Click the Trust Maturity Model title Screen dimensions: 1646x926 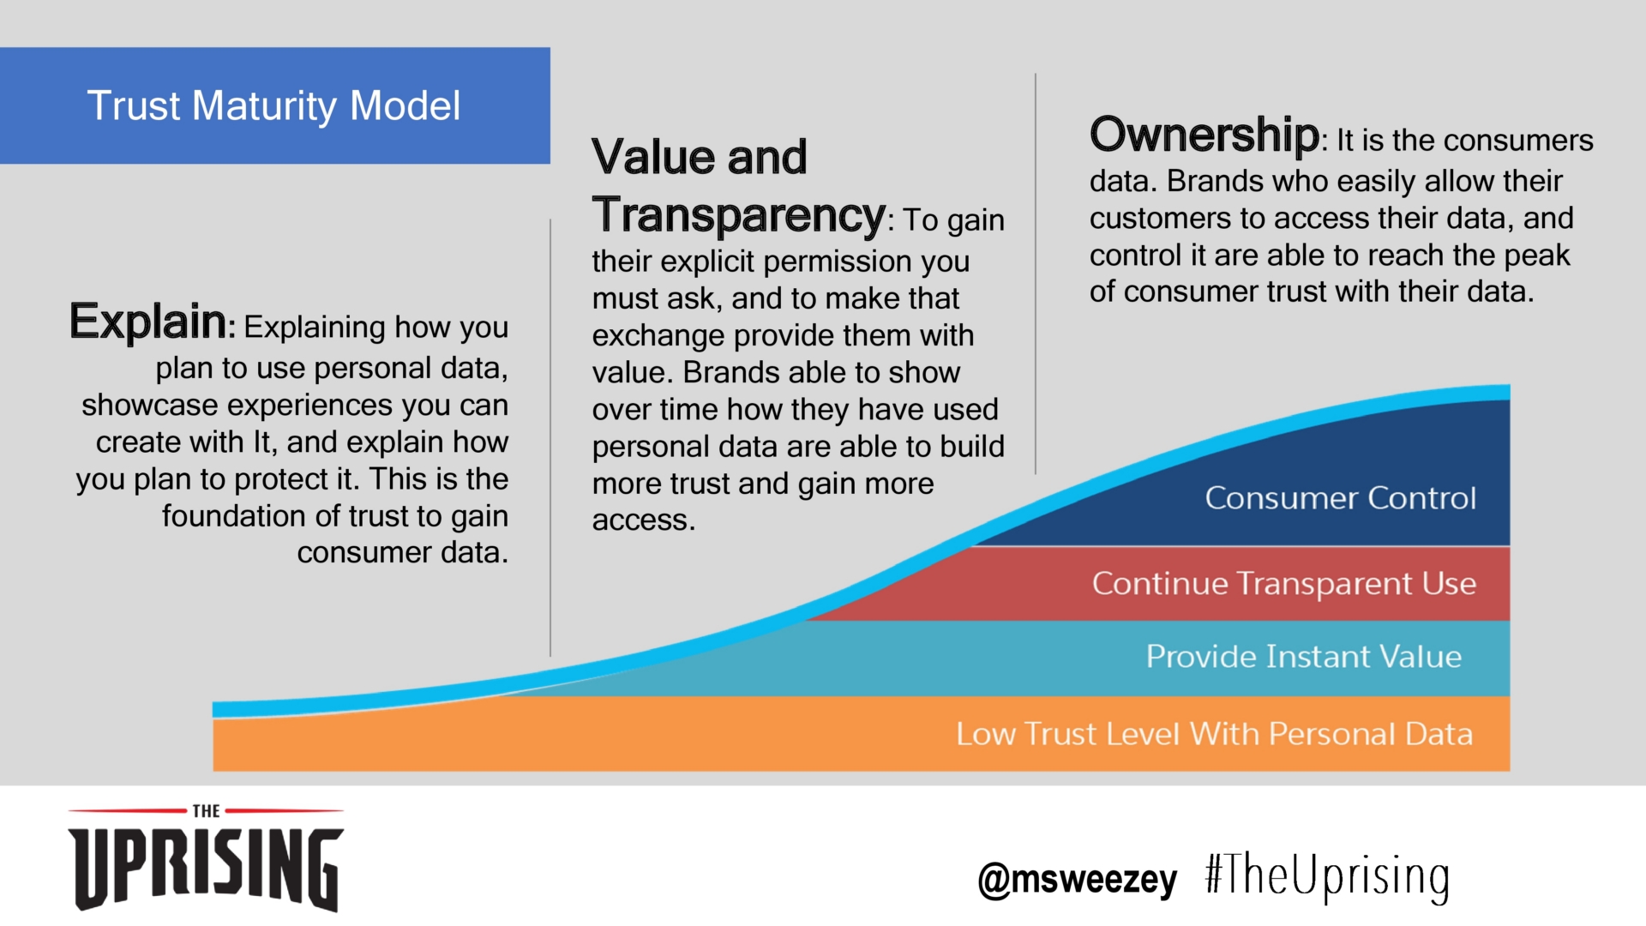pos(273,106)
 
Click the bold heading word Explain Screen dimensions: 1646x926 pos(147,322)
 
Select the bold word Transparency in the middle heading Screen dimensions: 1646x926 pos(738,214)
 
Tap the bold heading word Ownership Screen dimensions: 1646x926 pos(1204,135)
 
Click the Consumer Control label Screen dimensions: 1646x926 pos(1341,498)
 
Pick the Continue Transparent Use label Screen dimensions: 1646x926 pos(1284,584)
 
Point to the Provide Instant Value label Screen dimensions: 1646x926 pos(1304,657)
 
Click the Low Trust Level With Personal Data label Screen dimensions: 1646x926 pos(1215,734)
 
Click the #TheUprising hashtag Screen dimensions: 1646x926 pos(1327,877)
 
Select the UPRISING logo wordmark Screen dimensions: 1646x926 pos(206,868)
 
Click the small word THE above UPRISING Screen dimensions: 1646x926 pos(206,811)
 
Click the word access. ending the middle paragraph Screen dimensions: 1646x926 pos(644,520)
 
